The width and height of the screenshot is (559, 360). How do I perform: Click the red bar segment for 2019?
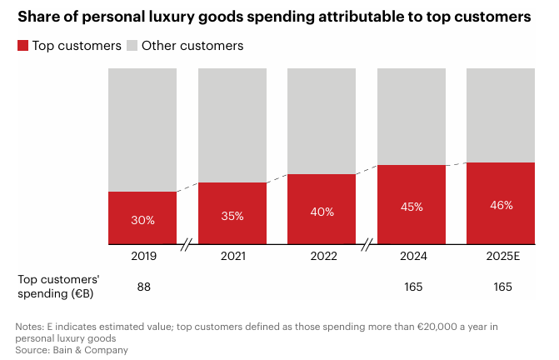pyautogui.click(x=142, y=218)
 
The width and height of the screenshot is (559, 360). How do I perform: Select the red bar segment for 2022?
pyautogui.click(x=322, y=209)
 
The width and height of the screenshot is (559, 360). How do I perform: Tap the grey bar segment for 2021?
pyautogui.click(x=232, y=125)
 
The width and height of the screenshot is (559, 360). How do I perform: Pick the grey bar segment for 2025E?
pyautogui.click(x=501, y=115)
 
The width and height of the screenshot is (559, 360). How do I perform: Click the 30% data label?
pyautogui.click(x=142, y=221)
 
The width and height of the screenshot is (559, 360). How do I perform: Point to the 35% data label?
pyautogui.click(x=232, y=216)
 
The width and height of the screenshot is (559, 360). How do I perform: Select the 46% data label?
pyautogui.click(x=501, y=205)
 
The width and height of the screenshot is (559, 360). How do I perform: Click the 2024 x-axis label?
pyautogui.click(x=411, y=256)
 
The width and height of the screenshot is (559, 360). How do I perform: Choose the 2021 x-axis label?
pyautogui.click(x=232, y=256)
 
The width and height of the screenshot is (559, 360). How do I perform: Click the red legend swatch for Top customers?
pyautogui.click(x=22, y=46)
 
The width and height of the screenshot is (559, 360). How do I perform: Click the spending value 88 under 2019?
pyautogui.click(x=142, y=287)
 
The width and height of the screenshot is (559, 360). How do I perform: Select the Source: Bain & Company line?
pyautogui.click(x=72, y=350)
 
